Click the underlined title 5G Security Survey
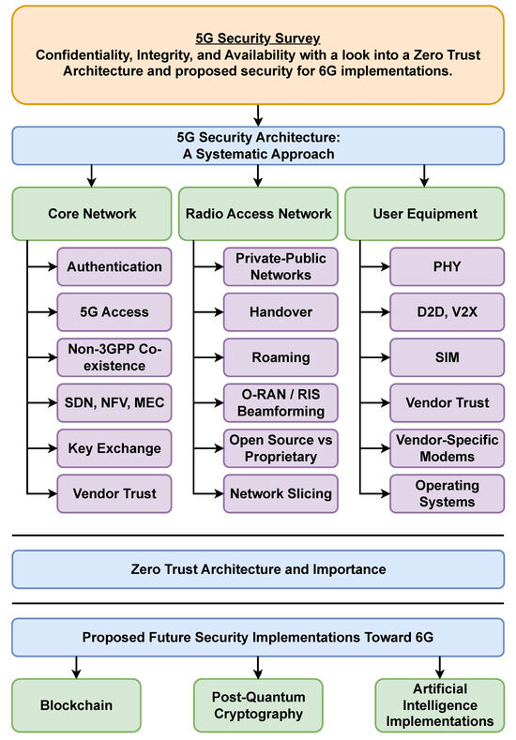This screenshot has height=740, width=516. (257, 38)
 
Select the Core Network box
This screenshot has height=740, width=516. (92, 214)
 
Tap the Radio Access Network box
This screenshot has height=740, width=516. (258, 214)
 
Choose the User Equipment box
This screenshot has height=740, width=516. (424, 214)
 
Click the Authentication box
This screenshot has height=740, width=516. (114, 266)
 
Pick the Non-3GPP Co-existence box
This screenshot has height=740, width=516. (114, 357)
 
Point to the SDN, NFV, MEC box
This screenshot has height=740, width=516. (114, 402)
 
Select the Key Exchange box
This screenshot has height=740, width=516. (114, 447)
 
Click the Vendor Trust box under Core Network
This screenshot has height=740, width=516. (114, 492)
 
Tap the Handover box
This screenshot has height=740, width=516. (281, 311)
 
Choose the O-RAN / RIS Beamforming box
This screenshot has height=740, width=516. (281, 402)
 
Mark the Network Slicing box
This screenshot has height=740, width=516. (281, 492)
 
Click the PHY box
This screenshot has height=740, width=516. (447, 266)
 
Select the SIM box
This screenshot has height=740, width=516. (447, 357)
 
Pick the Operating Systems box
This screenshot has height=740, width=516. (447, 492)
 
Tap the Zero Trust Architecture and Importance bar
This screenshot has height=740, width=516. (257, 569)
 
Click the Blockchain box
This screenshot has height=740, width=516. (77, 705)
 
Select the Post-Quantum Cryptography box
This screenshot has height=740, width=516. (257, 705)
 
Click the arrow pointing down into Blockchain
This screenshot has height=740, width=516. (77, 668)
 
